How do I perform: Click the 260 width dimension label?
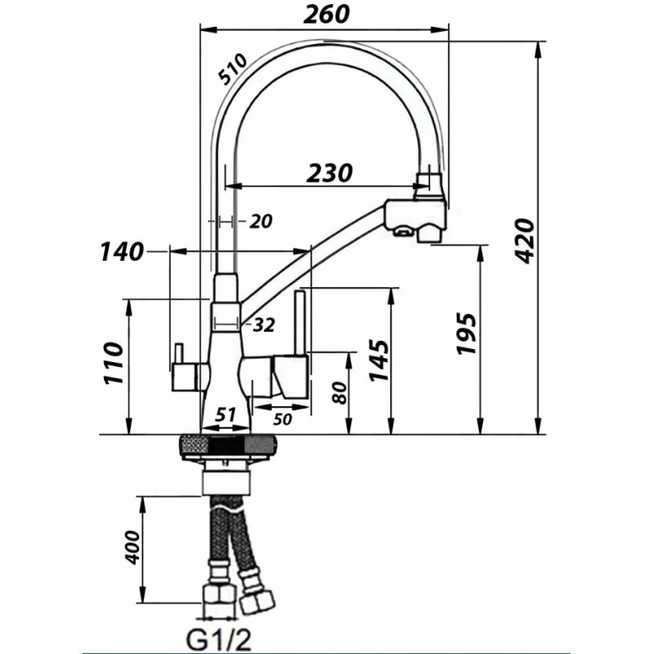pos(325,15)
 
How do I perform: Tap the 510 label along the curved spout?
pos(234,69)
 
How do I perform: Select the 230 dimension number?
pos(329,173)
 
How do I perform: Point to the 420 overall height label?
pos(524,240)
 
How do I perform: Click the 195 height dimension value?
pos(466,334)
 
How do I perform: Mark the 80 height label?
pos(340,392)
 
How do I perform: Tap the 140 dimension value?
pos(121,252)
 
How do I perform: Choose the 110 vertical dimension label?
pos(114,362)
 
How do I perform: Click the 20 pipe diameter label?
pos(261,221)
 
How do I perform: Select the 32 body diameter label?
pos(263,325)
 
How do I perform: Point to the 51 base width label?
pos(226,414)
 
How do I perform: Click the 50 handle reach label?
pos(282,419)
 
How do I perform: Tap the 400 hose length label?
pos(132,547)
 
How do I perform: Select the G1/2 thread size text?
pos(219,639)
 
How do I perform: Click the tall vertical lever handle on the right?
pos(301,323)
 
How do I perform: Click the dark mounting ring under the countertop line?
pos(228,446)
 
